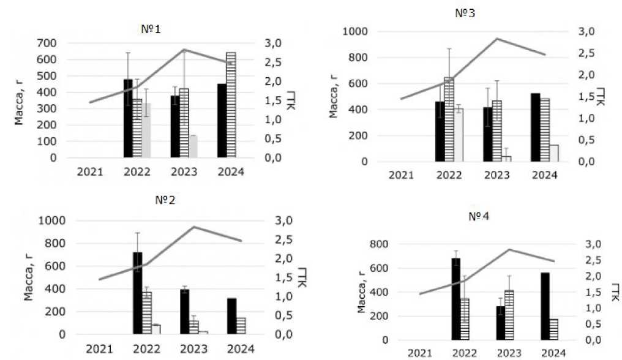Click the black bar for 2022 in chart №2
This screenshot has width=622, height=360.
click(x=138, y=293)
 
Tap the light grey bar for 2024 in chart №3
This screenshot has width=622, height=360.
click(x=553, y=153)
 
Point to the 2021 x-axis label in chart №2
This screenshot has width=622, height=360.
click(x=99, y=349)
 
